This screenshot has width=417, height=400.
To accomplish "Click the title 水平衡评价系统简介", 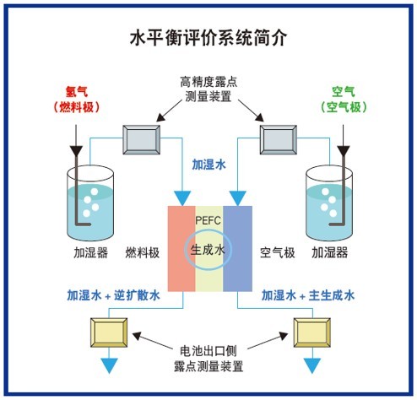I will [208, 38].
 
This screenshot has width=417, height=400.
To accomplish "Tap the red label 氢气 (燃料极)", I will [77, 99].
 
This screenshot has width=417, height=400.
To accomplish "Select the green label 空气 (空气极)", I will [342, 99].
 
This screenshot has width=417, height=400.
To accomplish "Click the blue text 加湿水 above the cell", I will [208, 165].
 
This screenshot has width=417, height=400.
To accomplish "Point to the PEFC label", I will [208, 220].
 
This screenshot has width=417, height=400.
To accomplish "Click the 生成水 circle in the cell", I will [208, 250].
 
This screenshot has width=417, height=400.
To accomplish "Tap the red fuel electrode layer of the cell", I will [181, 249].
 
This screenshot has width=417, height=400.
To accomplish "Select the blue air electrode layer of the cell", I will [237, 249].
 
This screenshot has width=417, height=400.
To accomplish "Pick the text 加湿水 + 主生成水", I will [307, 295].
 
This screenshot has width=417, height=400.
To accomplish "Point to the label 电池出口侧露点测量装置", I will [208, 358].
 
